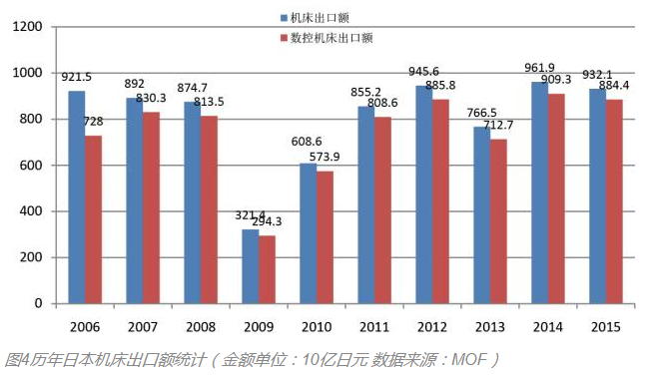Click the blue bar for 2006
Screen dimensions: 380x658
pyautogui.click(x=77, y=196)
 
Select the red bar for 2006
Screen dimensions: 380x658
pyautogui.click(x=93, y=219)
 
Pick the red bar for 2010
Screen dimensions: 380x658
pyautogui.click(x=325, y=237)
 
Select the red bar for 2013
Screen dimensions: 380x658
pyautogui.click(x=498, y=220)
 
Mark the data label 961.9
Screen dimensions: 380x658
pyautogui.click(x=540, y=68)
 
